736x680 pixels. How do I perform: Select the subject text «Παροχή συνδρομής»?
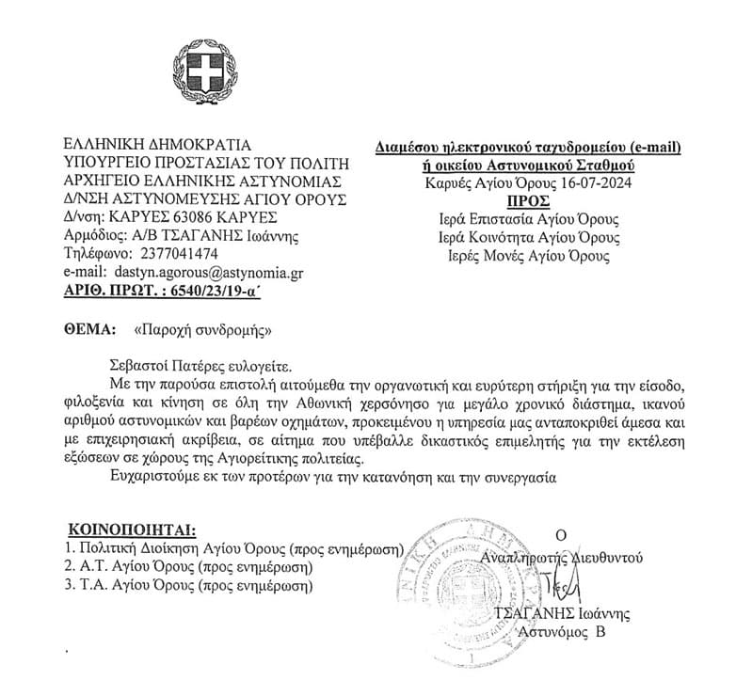tap(203, 331)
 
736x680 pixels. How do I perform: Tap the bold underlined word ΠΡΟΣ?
tap(526, 200)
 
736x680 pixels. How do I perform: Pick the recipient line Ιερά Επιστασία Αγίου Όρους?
tap(529, 219)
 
